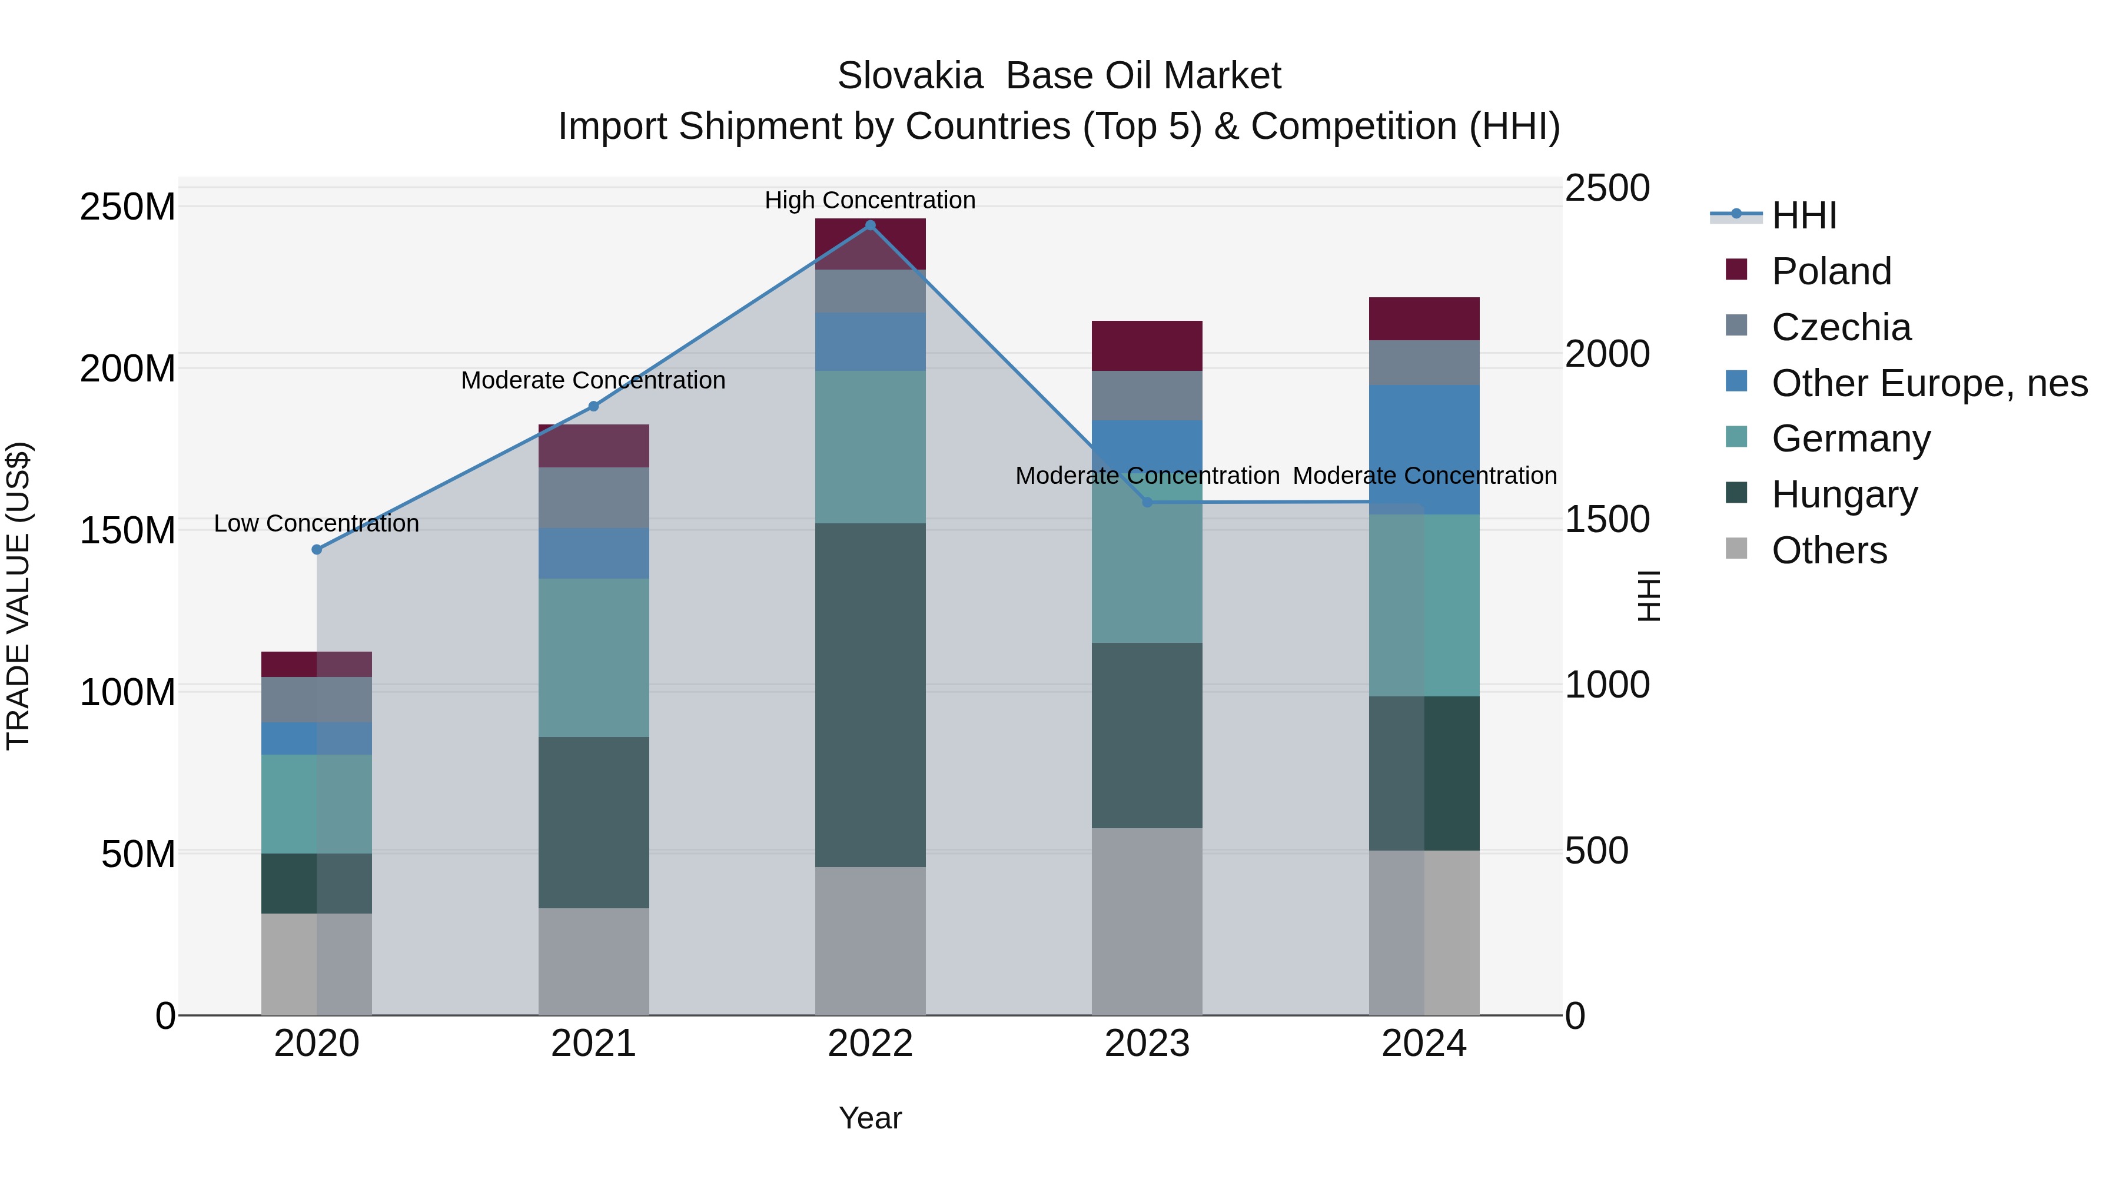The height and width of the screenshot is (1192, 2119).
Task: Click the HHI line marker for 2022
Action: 871,225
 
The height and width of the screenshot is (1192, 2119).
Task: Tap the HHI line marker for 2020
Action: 317,550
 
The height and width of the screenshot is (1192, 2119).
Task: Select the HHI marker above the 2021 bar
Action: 593,406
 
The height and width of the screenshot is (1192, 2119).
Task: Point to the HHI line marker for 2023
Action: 1148,502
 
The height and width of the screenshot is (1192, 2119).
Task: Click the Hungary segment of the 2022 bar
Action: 871,695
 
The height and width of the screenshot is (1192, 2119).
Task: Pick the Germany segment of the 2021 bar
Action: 593,658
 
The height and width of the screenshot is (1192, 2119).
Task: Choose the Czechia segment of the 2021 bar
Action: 593,497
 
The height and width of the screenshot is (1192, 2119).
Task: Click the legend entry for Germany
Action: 1850,439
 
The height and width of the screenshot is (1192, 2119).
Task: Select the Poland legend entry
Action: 1831,271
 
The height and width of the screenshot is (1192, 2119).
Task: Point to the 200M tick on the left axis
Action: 128,368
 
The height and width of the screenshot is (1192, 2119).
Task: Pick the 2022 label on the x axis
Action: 871,1044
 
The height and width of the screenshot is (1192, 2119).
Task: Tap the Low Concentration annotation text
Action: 316,523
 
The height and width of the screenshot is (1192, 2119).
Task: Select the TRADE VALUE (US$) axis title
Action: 18,596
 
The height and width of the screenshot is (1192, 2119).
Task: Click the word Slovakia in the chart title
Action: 910,76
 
